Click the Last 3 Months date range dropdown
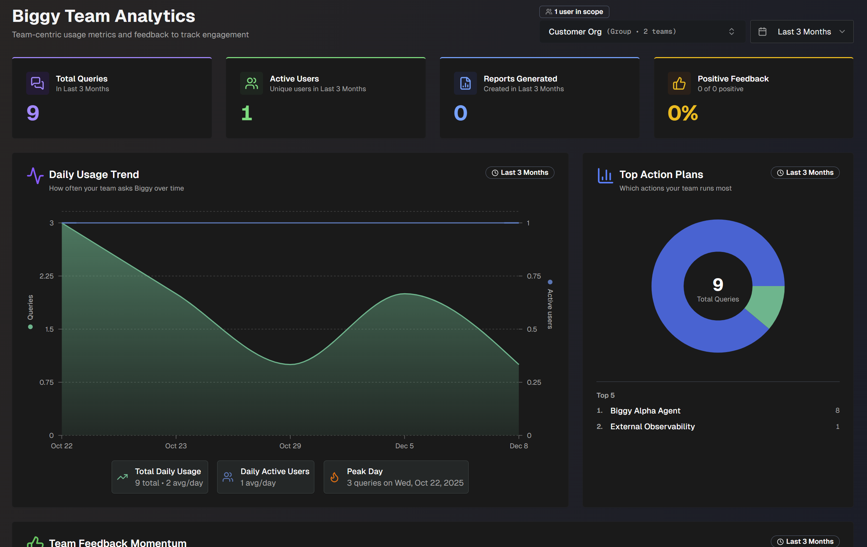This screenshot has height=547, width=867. [x=801, y=32]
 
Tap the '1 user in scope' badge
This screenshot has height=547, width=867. [x=574, y=12]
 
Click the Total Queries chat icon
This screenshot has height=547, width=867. [x=37, y=83]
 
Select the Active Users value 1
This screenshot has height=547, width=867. [x=247, y=113]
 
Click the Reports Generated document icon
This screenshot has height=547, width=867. [x=465, y=83]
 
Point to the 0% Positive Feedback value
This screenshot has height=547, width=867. [x=683, y=113]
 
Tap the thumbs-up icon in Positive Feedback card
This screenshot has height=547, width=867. [x=679, y=83]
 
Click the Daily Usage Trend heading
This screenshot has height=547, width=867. [x=94, y=174]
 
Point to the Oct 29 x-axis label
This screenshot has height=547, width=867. [x=290, y=446]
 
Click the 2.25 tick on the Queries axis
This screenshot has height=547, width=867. [x=46, y=276]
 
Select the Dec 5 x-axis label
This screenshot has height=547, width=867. [x=404, y=446]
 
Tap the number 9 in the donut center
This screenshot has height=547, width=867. [x=718, y=285]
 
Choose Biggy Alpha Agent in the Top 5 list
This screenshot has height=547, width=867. [x=645, y=411]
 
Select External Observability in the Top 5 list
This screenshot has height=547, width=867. [x=652, y=426]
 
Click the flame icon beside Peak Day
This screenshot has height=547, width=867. [x=334, y=477]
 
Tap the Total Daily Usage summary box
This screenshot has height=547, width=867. [x=160, y=477]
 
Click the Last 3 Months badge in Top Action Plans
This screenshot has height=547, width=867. [x=805, y=173]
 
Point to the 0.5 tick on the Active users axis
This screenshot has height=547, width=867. [x=532, y=329]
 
